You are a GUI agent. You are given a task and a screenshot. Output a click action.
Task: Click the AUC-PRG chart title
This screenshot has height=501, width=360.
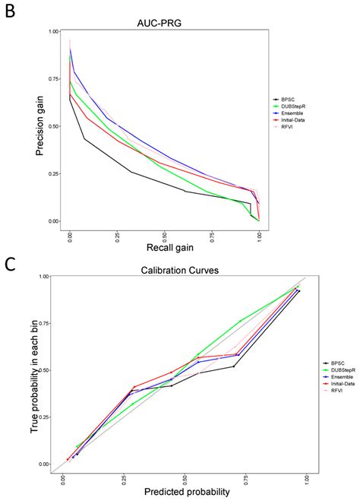coord(163,23)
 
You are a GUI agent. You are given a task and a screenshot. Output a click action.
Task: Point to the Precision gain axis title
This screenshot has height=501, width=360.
coord(37,126)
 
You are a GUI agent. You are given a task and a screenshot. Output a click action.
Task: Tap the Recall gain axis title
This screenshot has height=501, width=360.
coord(164,249)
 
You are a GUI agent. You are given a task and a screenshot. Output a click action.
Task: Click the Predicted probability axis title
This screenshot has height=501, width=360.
coord(179,493)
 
